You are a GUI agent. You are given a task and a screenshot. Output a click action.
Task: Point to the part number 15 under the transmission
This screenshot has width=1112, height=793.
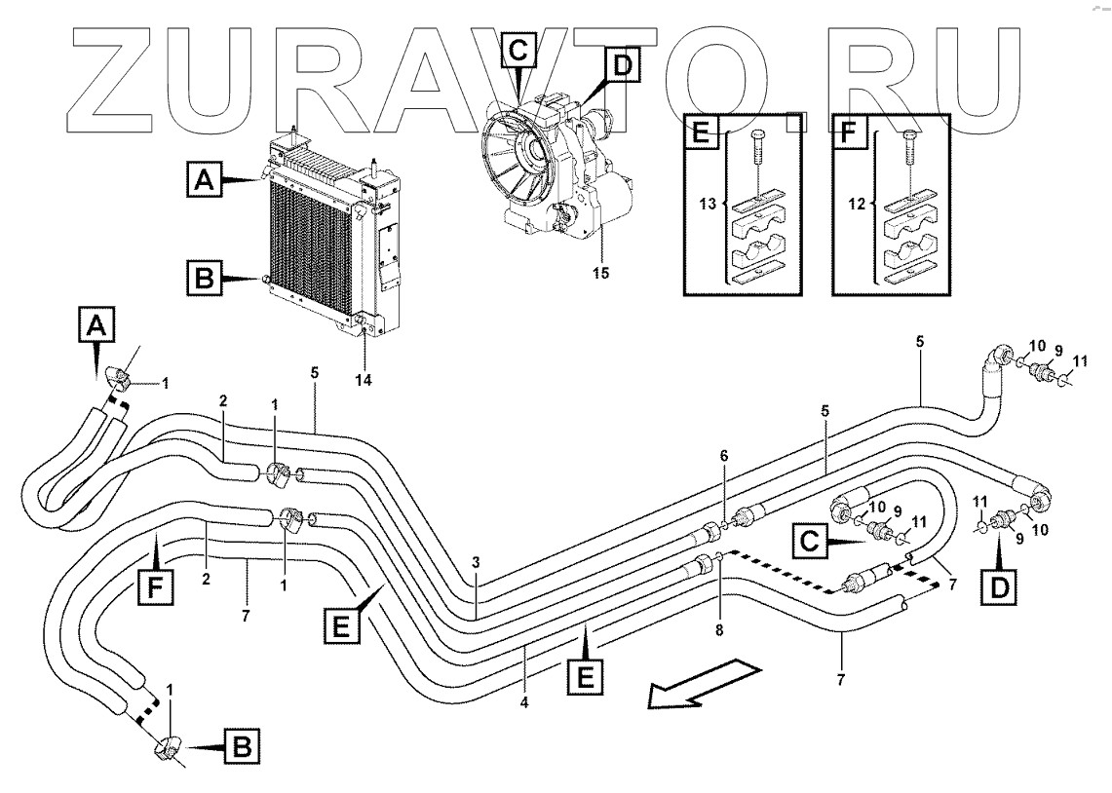(x=601, y=274)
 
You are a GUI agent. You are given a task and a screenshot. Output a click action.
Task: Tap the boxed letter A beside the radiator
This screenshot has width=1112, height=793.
(x=203, y=179)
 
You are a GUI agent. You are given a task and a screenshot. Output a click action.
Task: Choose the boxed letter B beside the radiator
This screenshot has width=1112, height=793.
(x=203, y=280)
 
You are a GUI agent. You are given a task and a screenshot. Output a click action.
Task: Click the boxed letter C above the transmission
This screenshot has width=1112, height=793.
(x=519, y=48)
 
